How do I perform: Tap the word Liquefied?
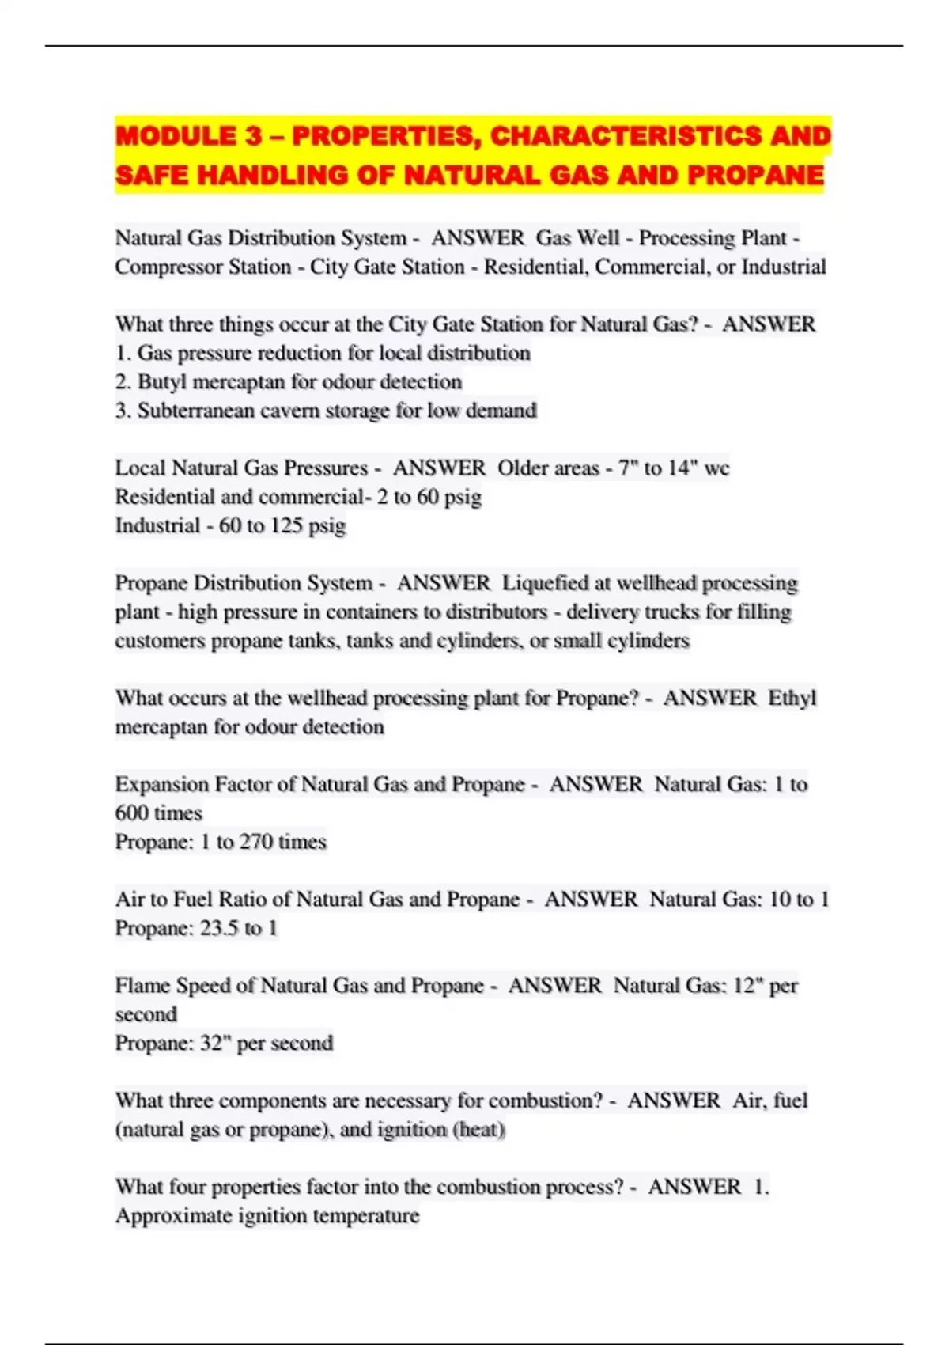(x=545, y=583)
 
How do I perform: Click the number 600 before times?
(x=131, y=813)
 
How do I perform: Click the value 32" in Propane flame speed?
(x=214, y=1043)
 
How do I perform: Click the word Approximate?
(x=172, y=1215)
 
